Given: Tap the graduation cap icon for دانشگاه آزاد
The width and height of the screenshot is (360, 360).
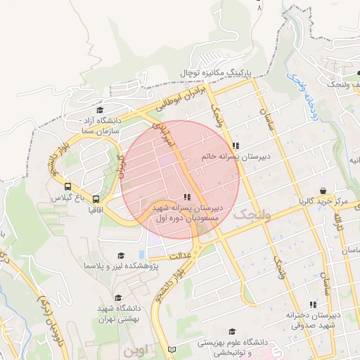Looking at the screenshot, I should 100,110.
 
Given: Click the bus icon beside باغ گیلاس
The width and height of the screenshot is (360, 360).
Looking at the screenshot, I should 67,187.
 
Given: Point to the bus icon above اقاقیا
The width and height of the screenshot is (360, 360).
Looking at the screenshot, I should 95,198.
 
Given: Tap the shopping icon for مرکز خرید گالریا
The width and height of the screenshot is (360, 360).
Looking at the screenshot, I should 323,191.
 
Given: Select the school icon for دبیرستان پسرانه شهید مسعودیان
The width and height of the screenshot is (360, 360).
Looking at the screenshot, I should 186,198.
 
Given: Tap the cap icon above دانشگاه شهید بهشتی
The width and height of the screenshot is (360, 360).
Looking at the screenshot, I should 117,297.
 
